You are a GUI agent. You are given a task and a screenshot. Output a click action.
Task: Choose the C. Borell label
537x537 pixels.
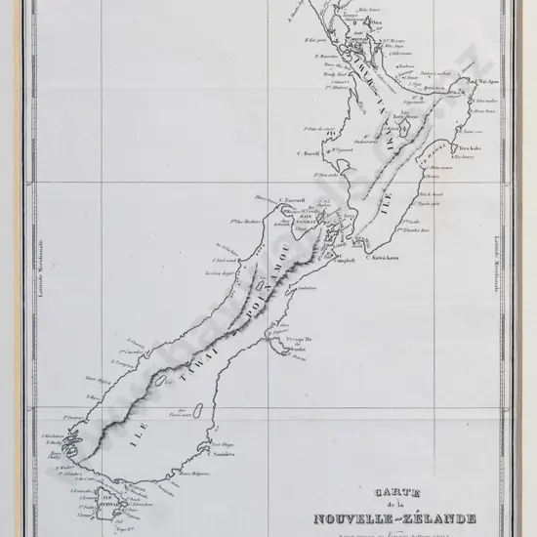coord(282,152)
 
